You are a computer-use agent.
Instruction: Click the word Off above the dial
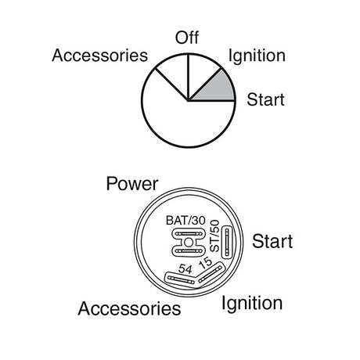pyautogui.click(x=187, y=38)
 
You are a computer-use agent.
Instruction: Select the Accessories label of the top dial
pyautogui.click(x=100, y=56)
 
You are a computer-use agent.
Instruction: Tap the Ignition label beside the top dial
pyautogui.click(x=257, y=56)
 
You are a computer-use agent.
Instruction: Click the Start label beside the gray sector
pyautogui.click(x=265, y=99)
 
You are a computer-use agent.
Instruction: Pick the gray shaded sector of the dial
pyautogui.click(x=217, y=88)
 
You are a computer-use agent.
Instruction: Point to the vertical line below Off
pyautogui.click(x=188, y=77)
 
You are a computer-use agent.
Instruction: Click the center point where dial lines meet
pyautogui.click(x=188, y=100)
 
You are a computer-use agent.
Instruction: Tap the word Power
pyautogui.click(x=132, y=184)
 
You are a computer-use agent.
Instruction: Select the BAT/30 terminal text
pyautogui.click(x=185, y=221)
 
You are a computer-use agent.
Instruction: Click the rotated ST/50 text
pyautogui.click(x=214, y=236)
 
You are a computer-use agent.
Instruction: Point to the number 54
pyautogui.click(x=185, y=269)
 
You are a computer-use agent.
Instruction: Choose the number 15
pyautogui.click(x=205, y=263)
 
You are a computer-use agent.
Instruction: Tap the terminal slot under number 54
pyautogui.click(x=181, y=280)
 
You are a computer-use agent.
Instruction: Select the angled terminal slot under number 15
pyautogui.click(x=210, y=273)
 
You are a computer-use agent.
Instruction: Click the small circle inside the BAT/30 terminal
pyautogui.click(x=188, y=243)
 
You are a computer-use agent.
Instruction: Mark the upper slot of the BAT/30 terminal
pyautogui.click(x=189, y=234)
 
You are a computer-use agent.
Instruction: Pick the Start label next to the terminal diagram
pyautogui.click(x=272, y=241)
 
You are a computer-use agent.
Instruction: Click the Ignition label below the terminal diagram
pyautogui.click(x=252, y=304)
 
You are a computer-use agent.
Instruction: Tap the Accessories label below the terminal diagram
pyautogui.click(x=129, y=308)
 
